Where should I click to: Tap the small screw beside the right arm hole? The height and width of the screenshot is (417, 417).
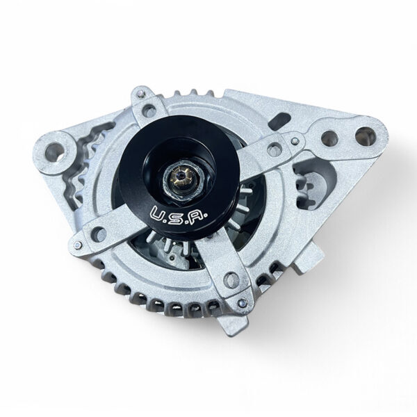[297, 142]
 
